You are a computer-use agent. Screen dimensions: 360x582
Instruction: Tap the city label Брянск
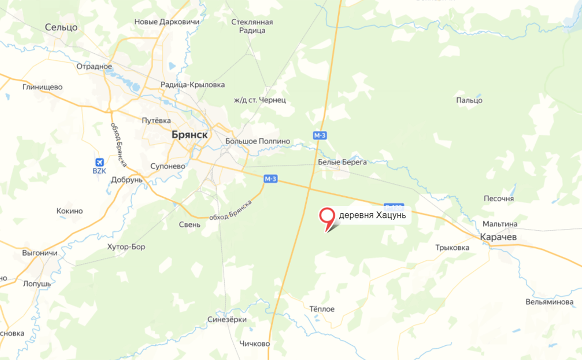[189, 135]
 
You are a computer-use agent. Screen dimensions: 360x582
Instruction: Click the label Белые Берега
[342, 162]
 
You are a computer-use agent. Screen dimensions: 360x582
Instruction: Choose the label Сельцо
[61, 27]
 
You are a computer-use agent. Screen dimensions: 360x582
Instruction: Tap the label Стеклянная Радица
[252, 26]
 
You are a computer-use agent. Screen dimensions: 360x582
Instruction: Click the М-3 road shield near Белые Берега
[320, 135]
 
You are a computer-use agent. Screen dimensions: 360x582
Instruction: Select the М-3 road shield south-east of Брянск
[270, 179]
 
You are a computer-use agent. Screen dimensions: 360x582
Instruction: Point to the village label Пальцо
[469, 100]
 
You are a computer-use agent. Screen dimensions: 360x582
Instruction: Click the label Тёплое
[321, 309]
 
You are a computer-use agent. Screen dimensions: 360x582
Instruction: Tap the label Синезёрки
[227, 320]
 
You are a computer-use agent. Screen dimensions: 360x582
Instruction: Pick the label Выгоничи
[39, 253]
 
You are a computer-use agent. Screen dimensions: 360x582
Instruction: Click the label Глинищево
[42, 87]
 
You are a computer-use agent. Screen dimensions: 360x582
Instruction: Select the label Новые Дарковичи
[167, 22]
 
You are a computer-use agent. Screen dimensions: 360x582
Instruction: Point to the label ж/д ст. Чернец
[260, 100]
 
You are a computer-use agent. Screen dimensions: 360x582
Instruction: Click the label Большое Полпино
[257, 142]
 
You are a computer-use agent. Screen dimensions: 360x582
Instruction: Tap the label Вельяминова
[549, 302]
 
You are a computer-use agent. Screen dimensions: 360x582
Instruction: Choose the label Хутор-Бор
[126, 247]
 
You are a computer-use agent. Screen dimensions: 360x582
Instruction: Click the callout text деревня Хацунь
[372, 216]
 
